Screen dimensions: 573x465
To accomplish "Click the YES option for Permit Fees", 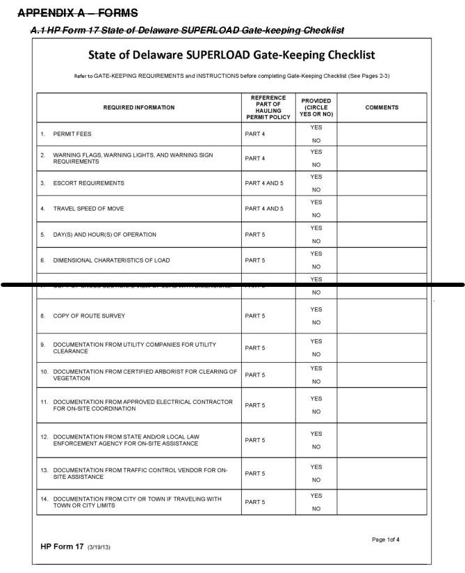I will pos(316,127).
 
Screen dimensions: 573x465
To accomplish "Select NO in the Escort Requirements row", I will pos(316,189).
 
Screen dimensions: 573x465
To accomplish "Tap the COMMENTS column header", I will pos(382,107).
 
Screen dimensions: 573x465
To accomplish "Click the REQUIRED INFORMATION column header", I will pos(139,107).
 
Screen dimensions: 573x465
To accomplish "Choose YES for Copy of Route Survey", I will pos(316,309).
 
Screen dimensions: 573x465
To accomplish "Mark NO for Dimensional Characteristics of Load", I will pos(316,267).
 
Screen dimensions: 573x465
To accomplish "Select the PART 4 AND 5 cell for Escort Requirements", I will pos(265,183).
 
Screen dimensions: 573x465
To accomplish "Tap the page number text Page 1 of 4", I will pos(385,540).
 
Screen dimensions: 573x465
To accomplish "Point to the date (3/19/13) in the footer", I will pos(99,547).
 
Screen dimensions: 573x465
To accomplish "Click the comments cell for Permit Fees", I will pos(382,133).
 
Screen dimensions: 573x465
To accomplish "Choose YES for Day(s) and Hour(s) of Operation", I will pos(316,228).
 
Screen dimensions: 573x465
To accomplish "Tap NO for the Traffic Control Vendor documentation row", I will pos(316,480).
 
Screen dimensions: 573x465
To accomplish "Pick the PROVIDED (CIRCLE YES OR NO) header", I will pos(316,107).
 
